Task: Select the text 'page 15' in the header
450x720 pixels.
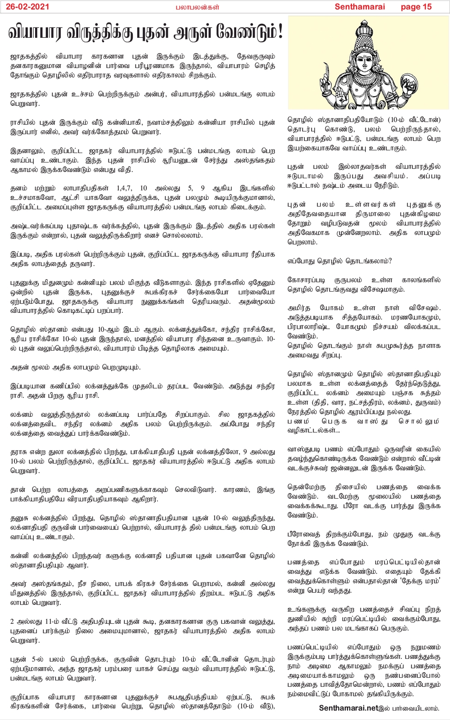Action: (x=416, y=6)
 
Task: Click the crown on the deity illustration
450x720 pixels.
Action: (x=368, y=33)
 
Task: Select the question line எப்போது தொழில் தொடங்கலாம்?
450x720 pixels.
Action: (x=340, y=261)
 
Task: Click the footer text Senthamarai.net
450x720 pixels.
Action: (x=348, y=708)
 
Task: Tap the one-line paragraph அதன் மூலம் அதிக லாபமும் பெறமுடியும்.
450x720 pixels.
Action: (x=76, y=367)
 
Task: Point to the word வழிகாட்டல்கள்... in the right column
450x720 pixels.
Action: (x=314, y=430)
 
